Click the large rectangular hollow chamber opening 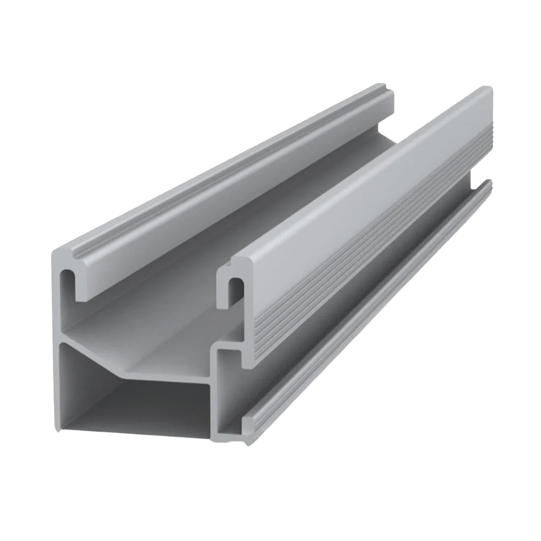pos(133,389)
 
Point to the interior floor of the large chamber pos(133,423)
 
